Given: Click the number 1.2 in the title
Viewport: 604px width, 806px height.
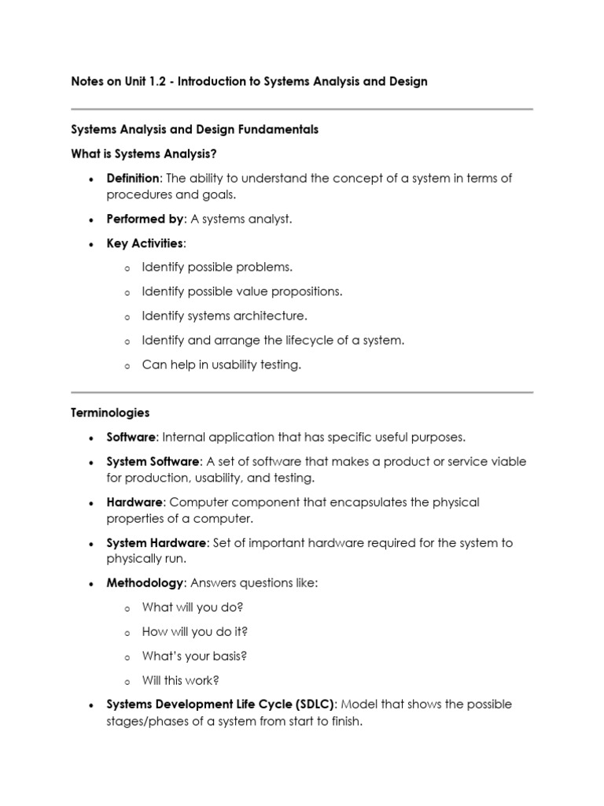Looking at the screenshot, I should [160, 82].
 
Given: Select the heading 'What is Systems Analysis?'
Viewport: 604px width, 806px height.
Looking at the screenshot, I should [143, 153].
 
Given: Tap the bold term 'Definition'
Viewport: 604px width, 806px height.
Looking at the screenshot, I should [133, 179].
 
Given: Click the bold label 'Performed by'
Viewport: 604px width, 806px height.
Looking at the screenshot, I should [145, 220].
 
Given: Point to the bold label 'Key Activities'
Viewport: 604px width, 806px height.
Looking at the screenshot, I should [145, 244].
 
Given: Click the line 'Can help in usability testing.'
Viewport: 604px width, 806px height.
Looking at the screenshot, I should [221, 365].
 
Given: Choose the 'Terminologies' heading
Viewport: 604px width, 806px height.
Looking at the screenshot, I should [110, 412].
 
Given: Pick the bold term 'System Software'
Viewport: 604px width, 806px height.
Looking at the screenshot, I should [153, 462].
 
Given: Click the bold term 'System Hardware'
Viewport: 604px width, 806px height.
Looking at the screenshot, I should [157, 543].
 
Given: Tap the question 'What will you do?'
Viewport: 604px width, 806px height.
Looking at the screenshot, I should [193, 608].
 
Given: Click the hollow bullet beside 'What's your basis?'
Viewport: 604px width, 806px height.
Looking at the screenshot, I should [127, 657].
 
